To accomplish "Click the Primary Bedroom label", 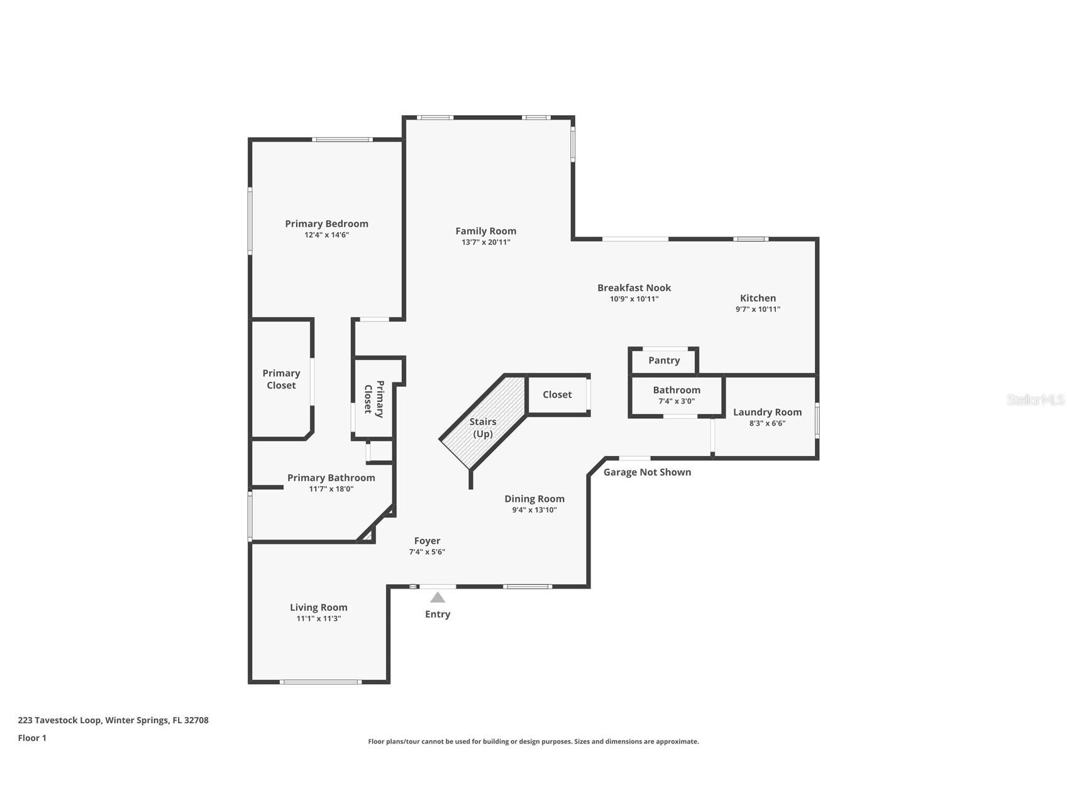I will click(x=326, y=224).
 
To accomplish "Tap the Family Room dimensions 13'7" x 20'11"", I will click(x=485, y=242).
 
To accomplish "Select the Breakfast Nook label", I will click(x=634, y=288).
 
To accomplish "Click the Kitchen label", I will click(x=758, y=298).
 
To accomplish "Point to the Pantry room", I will click(x=664, y=360).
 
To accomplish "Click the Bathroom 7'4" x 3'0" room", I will click(x=677, y=395).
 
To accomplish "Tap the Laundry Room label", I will click(x=767, y=413).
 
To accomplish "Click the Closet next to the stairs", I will click(x=557, y=395).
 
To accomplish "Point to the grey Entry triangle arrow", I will click(x=438, y=597).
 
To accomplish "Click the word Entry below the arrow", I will click(x=438, y=614).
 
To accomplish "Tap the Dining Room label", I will click(x=534, y=499).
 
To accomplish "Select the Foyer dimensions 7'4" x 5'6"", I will click(x=427, y=552).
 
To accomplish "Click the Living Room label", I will click(x=318, y=608).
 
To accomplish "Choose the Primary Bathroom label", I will click(x=331, y=478).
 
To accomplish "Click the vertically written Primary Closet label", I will click(x=373, y=399).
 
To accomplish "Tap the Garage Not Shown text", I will click(x=647, y=472).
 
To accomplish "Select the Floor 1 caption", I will click(x=32, y=738).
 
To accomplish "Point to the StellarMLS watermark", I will click(x=1035, y=400).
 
